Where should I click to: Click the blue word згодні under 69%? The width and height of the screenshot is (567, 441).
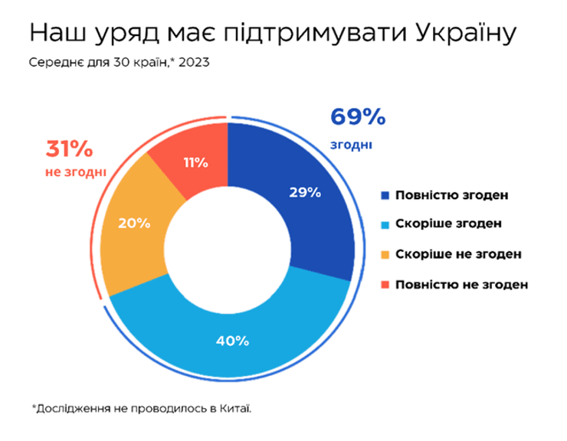point(353,143)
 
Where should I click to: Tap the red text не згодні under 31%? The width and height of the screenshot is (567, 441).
point(74,172)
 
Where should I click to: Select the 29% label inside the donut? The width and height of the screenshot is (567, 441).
point(304,193)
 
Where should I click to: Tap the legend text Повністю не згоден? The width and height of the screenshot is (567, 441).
point(461,284)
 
